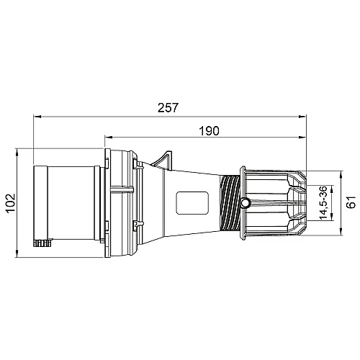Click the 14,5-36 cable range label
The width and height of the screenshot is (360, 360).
coord(325,204)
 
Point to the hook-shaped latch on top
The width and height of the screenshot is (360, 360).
coord(166,158)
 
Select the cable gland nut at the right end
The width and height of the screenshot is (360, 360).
coord(274,203)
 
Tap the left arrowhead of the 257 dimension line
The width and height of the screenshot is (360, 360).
coord(37,115)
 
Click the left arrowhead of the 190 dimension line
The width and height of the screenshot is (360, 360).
coord(109,138)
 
